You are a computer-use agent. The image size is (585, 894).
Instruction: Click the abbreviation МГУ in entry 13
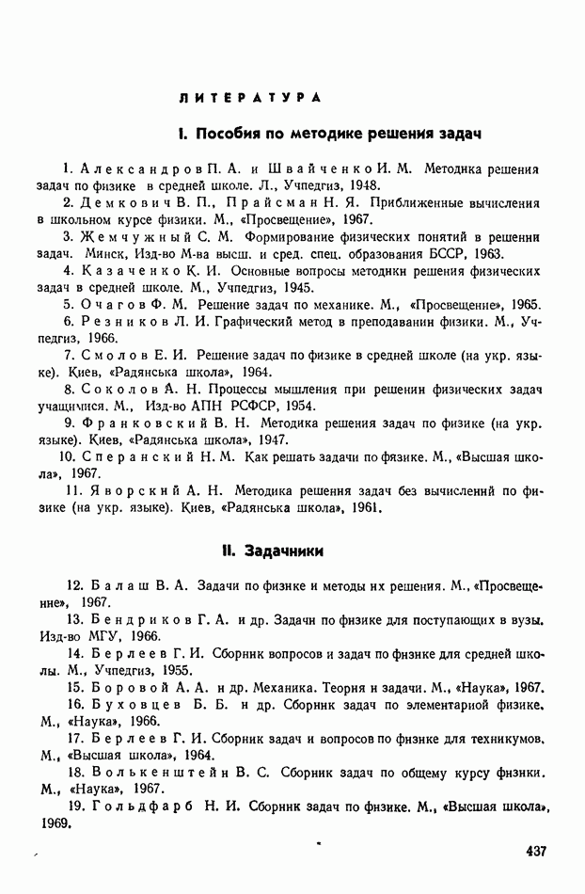(98, 635)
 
